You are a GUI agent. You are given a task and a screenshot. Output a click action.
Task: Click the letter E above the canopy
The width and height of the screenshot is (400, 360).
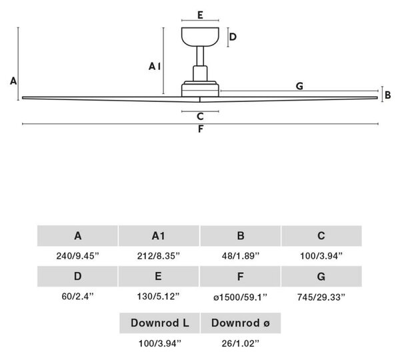[200, 15]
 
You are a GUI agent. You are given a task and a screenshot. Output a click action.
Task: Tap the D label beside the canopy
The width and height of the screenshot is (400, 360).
[233, 37]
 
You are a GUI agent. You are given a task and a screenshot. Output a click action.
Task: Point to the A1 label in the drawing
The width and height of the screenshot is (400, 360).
[155, 67]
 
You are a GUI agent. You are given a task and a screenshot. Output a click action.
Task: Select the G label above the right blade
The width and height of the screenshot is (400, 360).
[299, 86]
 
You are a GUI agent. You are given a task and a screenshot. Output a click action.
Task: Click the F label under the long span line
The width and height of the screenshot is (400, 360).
[201, 129]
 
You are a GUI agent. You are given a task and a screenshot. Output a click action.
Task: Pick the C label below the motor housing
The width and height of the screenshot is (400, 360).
[200, 117]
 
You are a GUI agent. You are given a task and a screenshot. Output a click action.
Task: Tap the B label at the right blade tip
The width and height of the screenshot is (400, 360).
[388, 95]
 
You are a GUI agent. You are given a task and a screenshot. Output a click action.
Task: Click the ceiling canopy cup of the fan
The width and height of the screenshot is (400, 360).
[200, 37]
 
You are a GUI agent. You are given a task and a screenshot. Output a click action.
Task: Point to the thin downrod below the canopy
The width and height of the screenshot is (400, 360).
[200, 56]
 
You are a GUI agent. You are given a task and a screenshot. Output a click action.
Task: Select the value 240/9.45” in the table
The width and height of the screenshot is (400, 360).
[77, 255]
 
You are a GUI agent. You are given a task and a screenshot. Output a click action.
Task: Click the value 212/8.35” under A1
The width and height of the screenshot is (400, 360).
[159, 255]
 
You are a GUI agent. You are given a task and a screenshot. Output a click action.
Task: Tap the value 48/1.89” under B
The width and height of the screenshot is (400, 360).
[240, 255]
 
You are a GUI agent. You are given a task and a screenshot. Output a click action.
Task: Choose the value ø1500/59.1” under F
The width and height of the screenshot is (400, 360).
[240, 297]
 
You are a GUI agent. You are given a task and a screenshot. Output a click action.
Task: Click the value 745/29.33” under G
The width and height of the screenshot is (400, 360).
[321, 297]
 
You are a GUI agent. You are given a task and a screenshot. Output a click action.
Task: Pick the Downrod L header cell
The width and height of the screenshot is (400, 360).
[160, 323]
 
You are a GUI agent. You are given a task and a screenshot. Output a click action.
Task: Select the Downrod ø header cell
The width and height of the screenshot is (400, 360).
[241, 323]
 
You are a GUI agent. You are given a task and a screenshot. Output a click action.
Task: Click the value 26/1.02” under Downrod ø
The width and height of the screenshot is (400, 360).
[240, 343]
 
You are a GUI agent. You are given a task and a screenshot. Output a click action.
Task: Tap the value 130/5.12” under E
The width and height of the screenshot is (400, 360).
[159, 297]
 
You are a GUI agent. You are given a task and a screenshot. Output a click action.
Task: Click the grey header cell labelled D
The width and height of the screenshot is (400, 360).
[77, 276]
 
